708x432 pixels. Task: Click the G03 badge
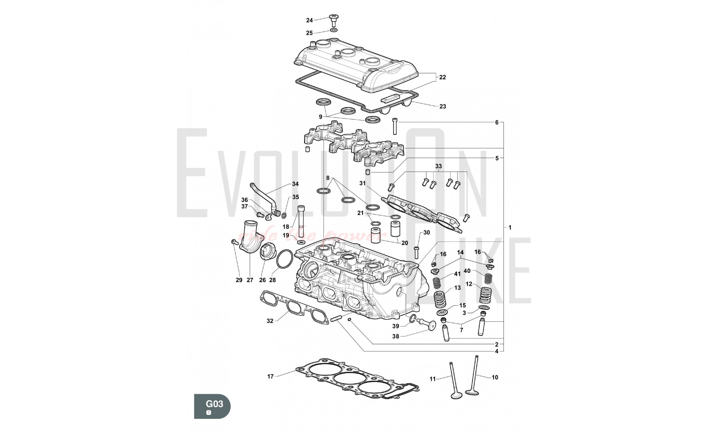212,406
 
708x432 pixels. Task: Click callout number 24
309,21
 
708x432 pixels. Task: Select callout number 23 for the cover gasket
442,106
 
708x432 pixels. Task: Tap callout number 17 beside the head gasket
270,376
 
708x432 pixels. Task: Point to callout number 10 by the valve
495,377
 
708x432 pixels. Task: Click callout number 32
270,321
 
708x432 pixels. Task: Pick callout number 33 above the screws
438,166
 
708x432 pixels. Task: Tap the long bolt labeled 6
395,126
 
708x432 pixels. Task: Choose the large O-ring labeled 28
284,260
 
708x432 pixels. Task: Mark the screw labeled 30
416,250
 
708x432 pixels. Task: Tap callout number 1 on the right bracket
510,228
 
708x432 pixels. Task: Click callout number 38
395,336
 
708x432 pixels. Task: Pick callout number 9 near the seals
321,117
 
